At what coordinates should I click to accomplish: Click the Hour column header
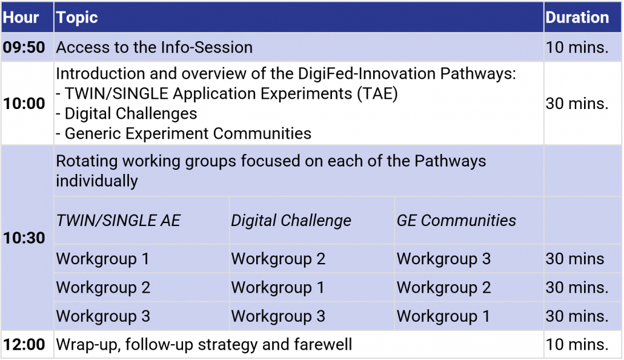21,18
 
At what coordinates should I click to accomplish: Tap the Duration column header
577,18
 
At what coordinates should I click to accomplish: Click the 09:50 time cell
24,47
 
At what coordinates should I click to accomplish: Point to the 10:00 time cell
24,104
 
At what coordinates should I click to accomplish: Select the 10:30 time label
24,238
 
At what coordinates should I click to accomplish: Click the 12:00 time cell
24,344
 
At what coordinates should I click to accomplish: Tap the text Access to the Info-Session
154,47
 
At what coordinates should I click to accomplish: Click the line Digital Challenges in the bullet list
127,113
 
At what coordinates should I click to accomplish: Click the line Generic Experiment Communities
184,133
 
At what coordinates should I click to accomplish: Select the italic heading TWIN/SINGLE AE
118,220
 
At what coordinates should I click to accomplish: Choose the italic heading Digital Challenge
291,221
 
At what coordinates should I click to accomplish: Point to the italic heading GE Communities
456,220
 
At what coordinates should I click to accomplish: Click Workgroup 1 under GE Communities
443,316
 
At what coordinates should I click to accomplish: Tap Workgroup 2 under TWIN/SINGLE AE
103,287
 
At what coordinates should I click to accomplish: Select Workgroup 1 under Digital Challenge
278,287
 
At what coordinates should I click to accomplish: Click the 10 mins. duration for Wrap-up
577,344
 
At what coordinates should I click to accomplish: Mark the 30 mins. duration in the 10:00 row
577,104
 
